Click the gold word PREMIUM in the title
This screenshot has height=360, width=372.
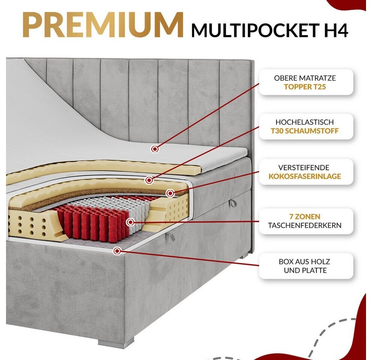[x=103, y=25]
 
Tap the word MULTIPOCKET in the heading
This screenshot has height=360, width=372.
[x=255, y=30]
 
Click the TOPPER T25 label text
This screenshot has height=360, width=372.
[x=305, y=87]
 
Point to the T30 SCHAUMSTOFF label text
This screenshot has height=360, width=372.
[x=305, y=131]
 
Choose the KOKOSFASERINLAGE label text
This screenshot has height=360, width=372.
[x=305, y=176]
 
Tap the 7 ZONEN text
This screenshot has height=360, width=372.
[x=305, y=216]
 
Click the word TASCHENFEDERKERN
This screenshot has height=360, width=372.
[x=305, y=225]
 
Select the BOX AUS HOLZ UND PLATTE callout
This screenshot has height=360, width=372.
[x=306, y=266]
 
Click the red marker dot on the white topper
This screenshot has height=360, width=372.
[x=155, y=149]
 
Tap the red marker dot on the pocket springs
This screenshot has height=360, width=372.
[x=130, y=222]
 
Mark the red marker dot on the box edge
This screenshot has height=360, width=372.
[x=117, y=251]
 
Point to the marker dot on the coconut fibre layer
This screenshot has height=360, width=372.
[x=170, y=193]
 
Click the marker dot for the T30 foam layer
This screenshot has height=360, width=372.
[x=149, y=180]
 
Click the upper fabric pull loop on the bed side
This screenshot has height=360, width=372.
[x=233, y=203]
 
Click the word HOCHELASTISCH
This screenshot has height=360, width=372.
[x=305, y=122]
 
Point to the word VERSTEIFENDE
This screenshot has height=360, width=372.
[x=304, y=168]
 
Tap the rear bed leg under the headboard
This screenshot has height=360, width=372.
[x=243, y=256]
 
